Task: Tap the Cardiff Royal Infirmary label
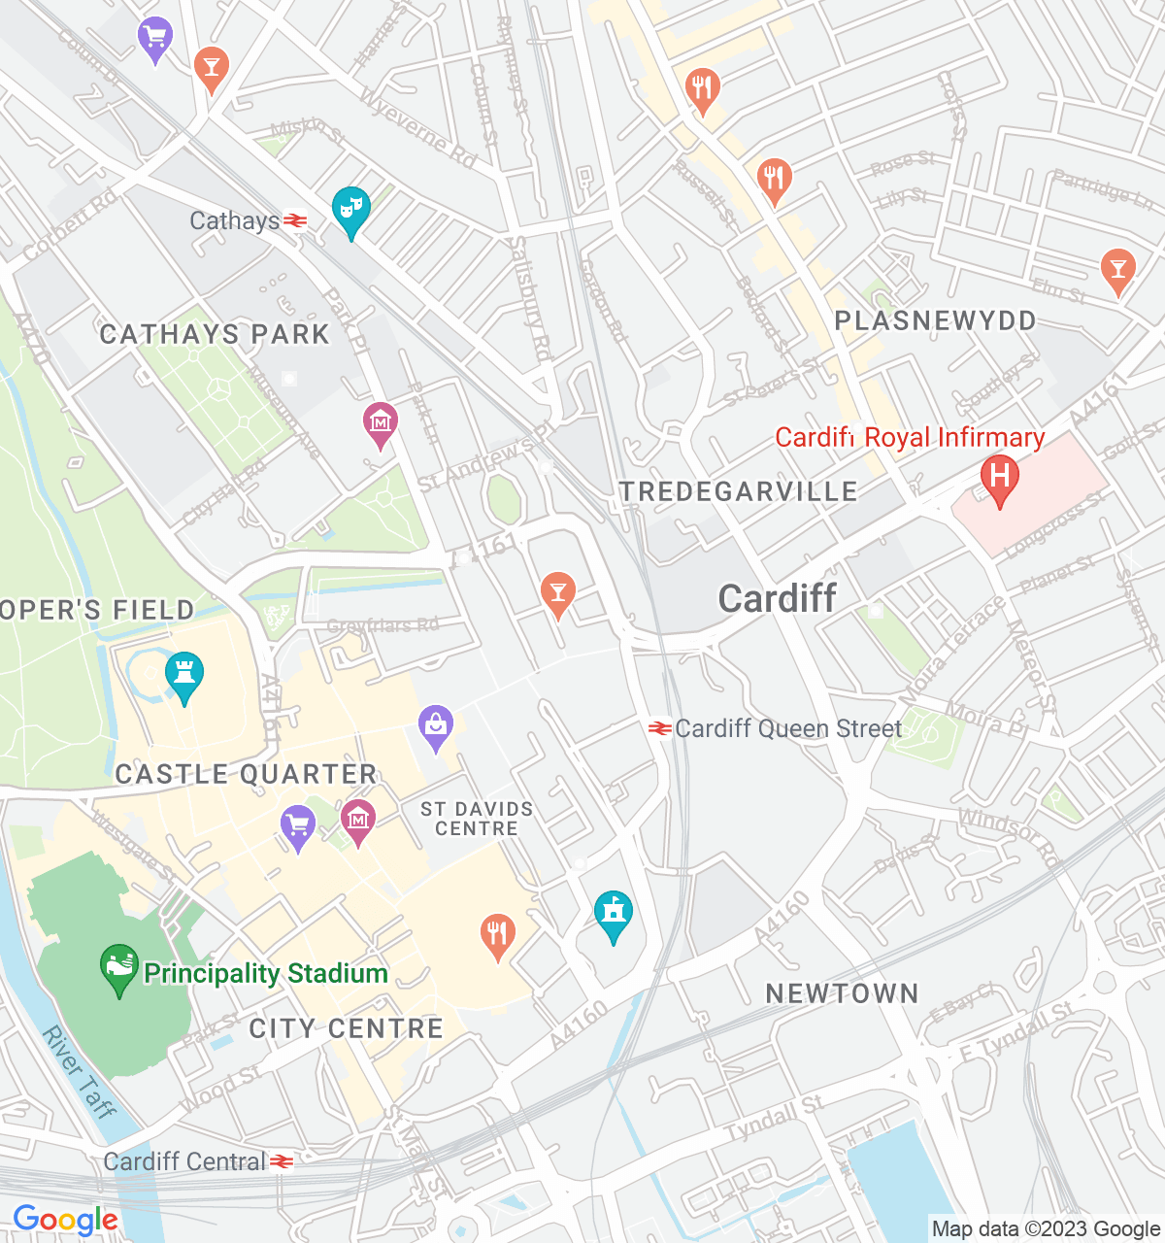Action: [x=910, y=438]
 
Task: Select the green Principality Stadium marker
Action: [x=119, y=968]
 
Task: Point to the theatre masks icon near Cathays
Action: [x=350, y=210]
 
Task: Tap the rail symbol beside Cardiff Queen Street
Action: [x=660, y=728]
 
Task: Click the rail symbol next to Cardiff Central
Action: [x=282, y=1161]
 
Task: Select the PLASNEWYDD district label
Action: [x=935, y=320]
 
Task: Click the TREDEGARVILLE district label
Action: [x=739, y=491]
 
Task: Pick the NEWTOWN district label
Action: [x=842, y=993]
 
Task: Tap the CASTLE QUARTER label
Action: [x=246, y=774]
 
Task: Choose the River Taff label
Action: [x=80, y=1072]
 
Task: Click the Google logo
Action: [x=65, y=1220]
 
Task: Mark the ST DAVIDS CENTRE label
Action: [x=477, y=819]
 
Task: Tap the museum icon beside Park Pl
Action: [x=380, y=423]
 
